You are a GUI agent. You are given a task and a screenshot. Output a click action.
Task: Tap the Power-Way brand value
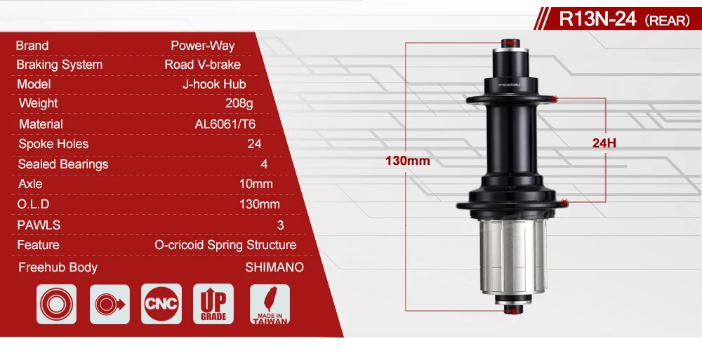click(202, 46)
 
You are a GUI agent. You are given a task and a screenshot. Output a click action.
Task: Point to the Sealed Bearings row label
click(63, 164)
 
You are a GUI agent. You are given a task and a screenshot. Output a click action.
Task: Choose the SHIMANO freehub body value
click(274, 267)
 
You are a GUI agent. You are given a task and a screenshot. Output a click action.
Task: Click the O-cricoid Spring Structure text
click(225, 245)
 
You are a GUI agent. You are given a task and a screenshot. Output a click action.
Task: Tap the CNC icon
click(161, 305)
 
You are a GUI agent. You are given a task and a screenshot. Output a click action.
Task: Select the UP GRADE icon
click(213, 305)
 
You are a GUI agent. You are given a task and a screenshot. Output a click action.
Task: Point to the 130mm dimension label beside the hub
click(407, 161)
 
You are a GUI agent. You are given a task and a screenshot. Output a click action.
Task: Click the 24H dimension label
click(604, 143)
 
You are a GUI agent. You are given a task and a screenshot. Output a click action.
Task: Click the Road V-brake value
click(202, 65)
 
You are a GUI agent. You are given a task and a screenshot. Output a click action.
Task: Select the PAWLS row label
click(39, 225)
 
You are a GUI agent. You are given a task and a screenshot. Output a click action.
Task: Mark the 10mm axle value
click(256, 184)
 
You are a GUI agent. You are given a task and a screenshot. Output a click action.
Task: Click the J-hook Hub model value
click(213, 84)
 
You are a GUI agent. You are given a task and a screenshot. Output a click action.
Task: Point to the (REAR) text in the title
click(667, 20)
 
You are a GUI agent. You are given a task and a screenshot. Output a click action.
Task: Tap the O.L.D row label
click(33, 204)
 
